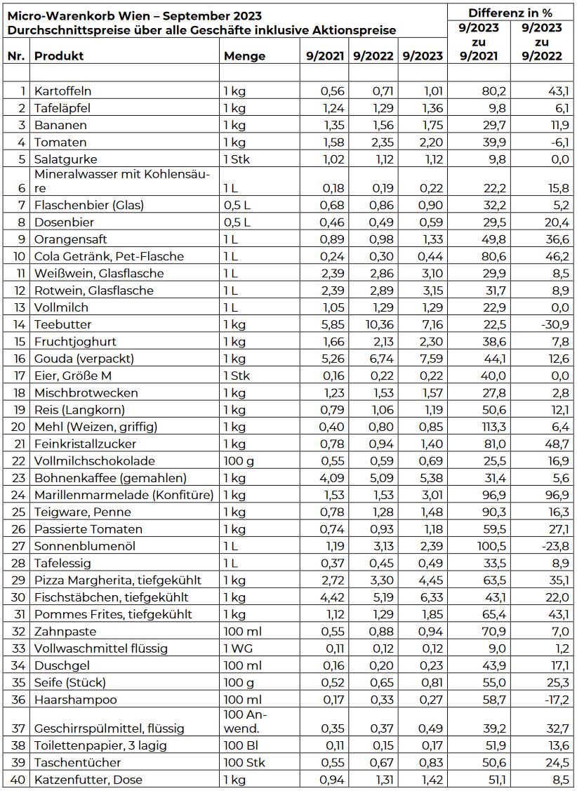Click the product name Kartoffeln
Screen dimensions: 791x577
(63, 91)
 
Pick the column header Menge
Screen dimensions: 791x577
(244, 56)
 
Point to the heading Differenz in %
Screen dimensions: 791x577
(510, 13)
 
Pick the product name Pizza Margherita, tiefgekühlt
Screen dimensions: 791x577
(118, 580)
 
